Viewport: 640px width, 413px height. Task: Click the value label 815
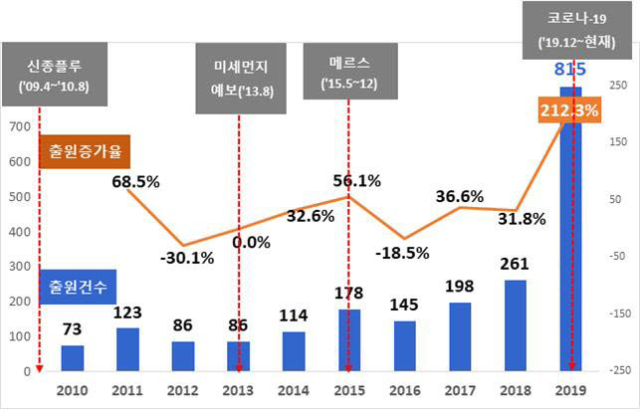click(x=570, y=70)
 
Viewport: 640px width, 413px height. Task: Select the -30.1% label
click(x=185, y=258)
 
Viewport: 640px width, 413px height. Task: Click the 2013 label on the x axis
click(x=239, y=392)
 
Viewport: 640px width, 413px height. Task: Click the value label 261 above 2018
click(x=515, y=265)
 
